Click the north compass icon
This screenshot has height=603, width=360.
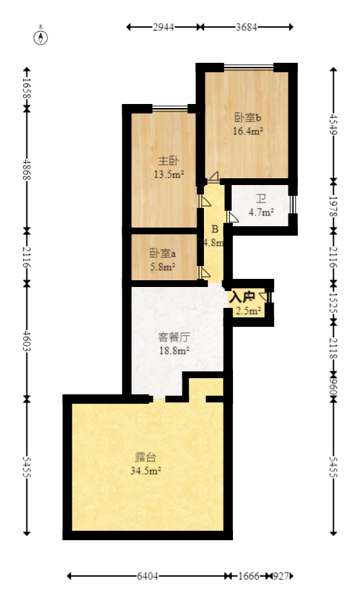point(42,36)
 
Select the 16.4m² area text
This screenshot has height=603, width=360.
point(247,132)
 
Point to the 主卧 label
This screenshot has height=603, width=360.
point(168,161)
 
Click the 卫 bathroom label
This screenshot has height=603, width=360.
point(261,200)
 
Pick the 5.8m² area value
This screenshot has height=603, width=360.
point(163,267)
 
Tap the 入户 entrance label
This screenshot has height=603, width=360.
point(242,296)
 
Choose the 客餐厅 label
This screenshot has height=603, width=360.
point(173,337)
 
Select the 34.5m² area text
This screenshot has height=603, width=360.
point(145,470)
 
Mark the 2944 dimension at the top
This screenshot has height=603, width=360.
point(164,27)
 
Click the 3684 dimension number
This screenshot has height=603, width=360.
point(247,27)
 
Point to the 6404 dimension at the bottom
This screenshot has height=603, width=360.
point(147,576)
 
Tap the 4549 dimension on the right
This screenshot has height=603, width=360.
point(332,123)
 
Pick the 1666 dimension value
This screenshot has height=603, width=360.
point(249,576)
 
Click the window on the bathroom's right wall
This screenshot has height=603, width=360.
point(292,205)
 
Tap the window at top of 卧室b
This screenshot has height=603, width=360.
point(249,66)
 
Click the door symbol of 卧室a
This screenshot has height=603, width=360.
point(204,273)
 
